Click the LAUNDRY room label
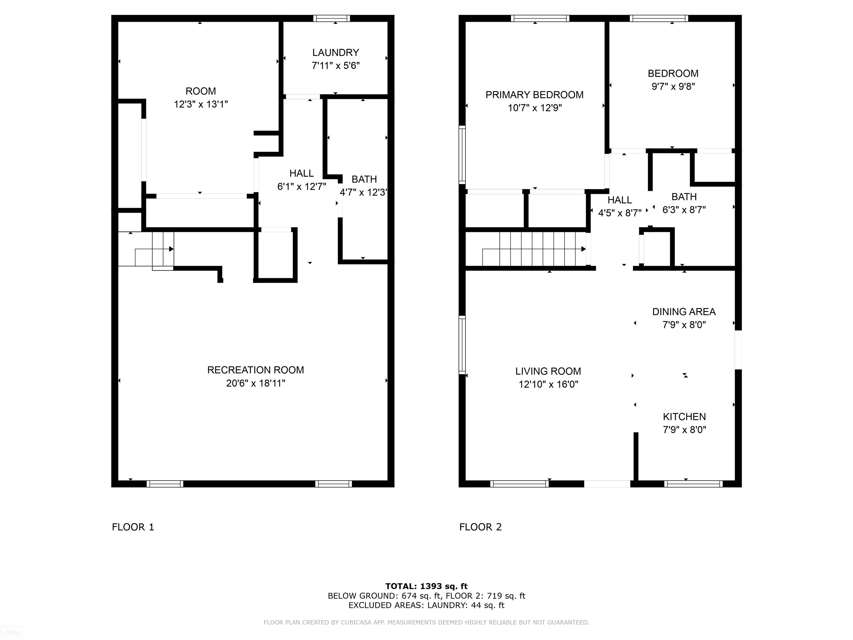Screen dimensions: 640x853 pyautogui.click(x=335, y=52)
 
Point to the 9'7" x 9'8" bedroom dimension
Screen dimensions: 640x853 pyautogui.click(x=673, y=86)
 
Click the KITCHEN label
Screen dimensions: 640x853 pyautogui.click(x=684, y=417)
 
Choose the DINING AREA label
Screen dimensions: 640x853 pyautogui.click(x=684, y=312)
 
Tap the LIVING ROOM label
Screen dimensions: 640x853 pyautogui.click(x=548, y=371)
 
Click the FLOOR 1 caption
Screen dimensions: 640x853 pyautogui.click(x=133, y=527)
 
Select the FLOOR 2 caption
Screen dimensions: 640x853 pyautogui.click(x=480, y=527)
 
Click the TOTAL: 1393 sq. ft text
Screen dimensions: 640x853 pyautogui.click(x=426, y=586)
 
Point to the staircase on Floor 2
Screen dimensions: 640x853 pyautogui.click(x=534, y=249)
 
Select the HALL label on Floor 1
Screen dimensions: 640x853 pyautogui.click(x=301, y=173)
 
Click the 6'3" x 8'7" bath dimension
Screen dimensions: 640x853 pyautogui.click(x=684, y=210)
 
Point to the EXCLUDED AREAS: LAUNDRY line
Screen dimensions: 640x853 pyautogui.click(x=426, y=605)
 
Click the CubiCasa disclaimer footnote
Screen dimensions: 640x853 pyautogui.click(x=426, y=622)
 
